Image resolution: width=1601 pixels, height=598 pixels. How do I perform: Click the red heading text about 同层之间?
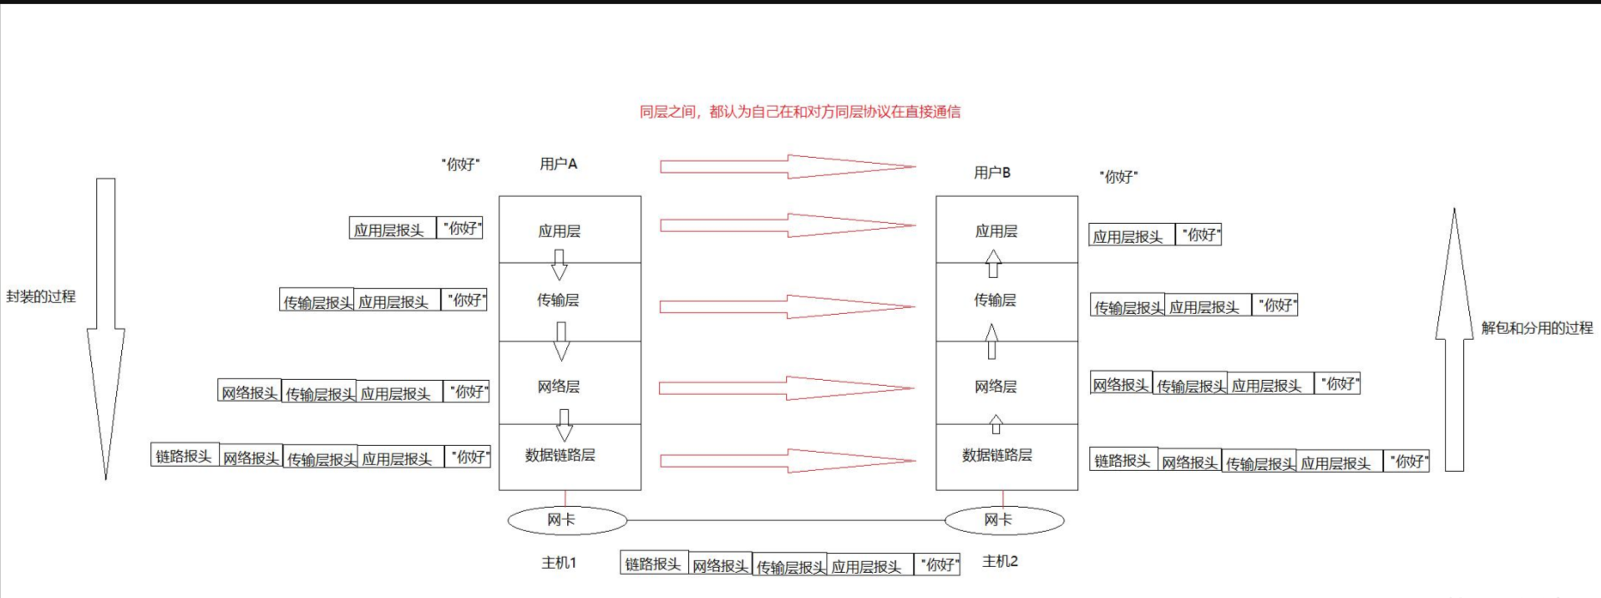pos(799,111)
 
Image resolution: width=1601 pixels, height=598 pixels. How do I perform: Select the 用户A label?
pos(558,164)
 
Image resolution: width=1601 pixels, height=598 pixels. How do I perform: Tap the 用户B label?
pos(992,172)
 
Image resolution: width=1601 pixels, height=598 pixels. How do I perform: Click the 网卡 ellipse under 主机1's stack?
pos(567,520)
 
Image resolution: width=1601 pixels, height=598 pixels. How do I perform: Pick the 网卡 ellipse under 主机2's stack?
pos(1004,520)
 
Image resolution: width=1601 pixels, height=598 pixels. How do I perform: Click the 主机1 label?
pos(559,563)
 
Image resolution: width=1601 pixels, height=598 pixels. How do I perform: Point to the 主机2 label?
pos(1000,561)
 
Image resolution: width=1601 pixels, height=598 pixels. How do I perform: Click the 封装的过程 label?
pos(41,296)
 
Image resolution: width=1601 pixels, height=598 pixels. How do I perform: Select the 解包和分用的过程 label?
pos(1537,328)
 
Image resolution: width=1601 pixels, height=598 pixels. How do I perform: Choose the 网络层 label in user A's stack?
pos(559,387)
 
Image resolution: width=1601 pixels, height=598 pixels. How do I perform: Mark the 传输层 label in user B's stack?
pos(995,300)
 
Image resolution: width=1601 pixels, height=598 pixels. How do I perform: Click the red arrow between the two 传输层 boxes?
pos(787,307)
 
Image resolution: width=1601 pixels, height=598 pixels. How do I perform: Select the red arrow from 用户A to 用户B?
pos(787,166)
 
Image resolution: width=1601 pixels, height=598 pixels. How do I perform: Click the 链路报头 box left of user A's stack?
pos(185,455)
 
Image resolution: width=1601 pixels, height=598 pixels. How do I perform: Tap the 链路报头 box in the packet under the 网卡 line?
pos(654,564)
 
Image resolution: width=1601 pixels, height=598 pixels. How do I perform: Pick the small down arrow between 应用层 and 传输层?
pos(560,266)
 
